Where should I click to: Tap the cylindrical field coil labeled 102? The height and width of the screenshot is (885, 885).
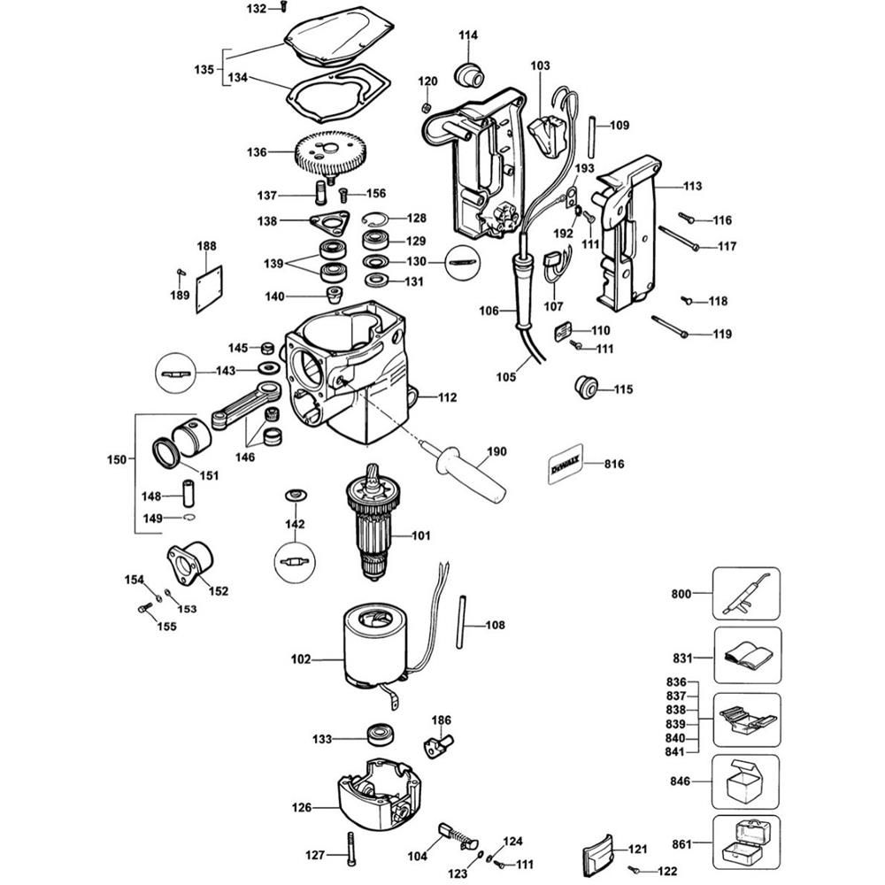click(x=373, y=648)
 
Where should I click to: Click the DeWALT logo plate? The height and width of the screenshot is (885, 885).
click(x=565, y=465)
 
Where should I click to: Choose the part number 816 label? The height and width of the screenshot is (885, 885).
click(x=614, y=464)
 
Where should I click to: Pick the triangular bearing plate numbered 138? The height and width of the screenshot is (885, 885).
click(x=329, y=221)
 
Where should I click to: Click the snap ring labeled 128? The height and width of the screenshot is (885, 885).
click(x=373, y=218)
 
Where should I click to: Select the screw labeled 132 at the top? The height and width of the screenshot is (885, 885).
click(x=283, y=7)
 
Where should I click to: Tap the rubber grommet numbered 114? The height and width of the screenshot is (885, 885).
click(x=469, y=73)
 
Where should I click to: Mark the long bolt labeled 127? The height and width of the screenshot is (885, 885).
click(x=351, y=850)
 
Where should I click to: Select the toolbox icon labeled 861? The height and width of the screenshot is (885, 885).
click(x=746, y=843)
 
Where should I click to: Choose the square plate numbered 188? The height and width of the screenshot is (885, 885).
click(x=209, y=289)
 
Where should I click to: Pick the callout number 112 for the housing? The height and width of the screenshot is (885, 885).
click(x=447, y=398)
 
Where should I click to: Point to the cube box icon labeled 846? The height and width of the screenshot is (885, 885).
click(x=745, y=782)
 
